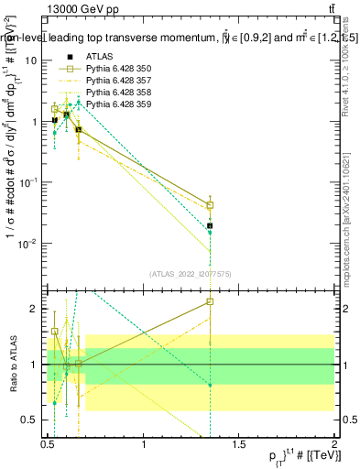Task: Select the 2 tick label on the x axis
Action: click(333, 445)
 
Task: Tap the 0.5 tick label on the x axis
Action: click(48, 445)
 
